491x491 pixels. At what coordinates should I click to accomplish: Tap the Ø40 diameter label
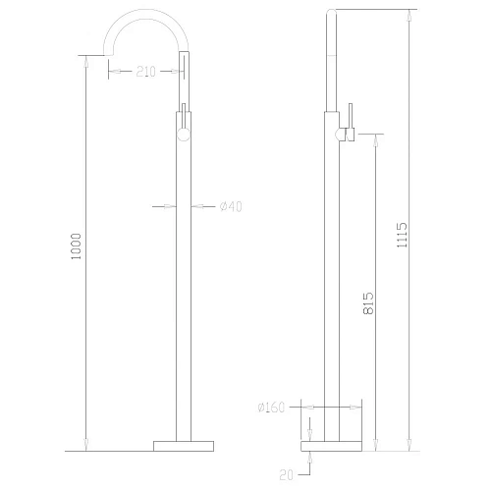tap(231, 205)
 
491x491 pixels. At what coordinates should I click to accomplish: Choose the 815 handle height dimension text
tap(366, 304)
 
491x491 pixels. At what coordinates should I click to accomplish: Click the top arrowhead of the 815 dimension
tap(374, 140)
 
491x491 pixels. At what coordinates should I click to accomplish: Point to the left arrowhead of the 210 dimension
tap(110, 71)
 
